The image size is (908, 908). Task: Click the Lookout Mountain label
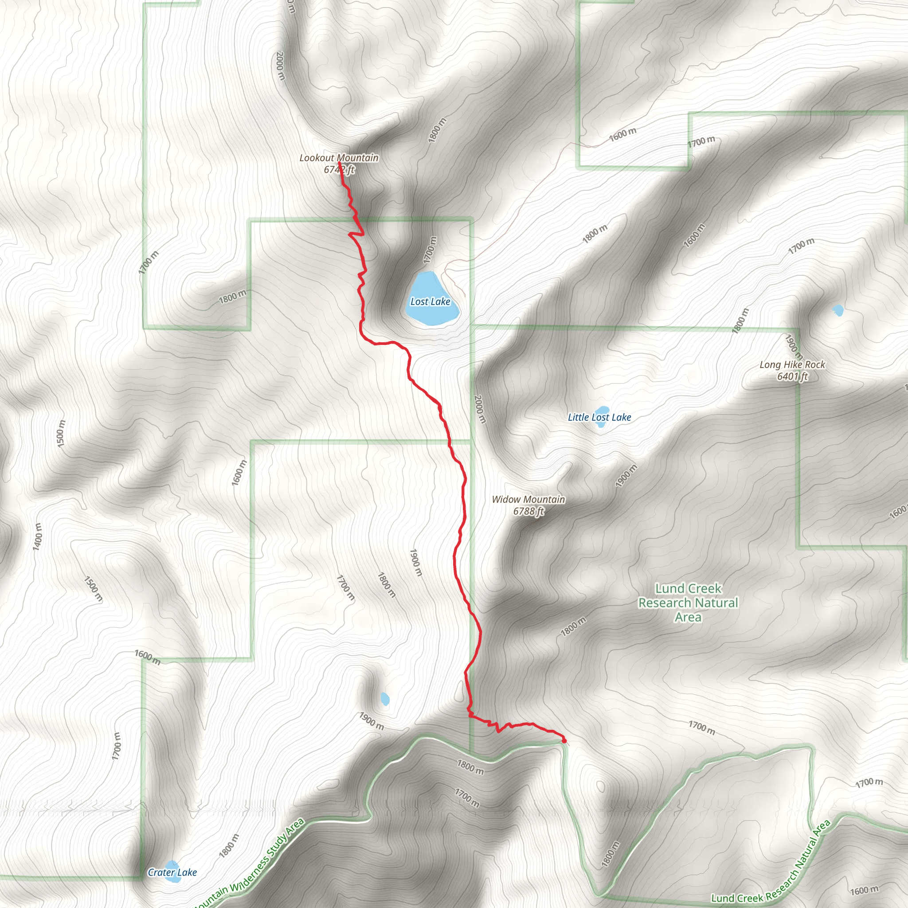339,158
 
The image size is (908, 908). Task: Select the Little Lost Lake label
599,417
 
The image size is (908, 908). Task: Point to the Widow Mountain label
528,499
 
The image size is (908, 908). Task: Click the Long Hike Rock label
792,365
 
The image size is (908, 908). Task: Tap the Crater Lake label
172,872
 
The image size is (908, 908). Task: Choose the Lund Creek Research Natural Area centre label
688,603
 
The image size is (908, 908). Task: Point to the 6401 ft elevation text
792,376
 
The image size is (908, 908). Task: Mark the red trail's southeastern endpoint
564,741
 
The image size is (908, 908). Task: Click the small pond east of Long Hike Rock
838,311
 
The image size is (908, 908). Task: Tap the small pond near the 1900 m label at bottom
385,699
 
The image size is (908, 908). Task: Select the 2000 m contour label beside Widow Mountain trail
479,409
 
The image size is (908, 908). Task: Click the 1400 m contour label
38,536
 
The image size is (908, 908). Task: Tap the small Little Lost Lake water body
601,416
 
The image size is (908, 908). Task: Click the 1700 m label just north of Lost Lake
430,250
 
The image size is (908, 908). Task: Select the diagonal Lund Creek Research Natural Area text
771,873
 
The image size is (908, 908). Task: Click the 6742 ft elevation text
339,170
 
